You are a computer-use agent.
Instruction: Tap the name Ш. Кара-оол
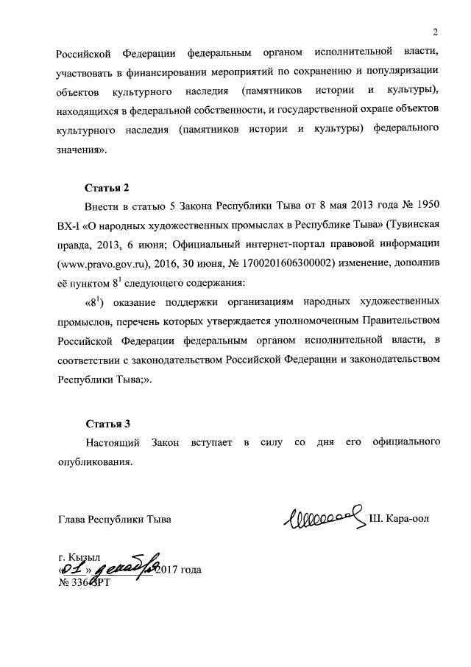(398, 519)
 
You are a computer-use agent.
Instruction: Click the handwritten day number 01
(73, 569)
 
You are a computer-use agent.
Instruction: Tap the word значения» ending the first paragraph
(82, 150)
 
